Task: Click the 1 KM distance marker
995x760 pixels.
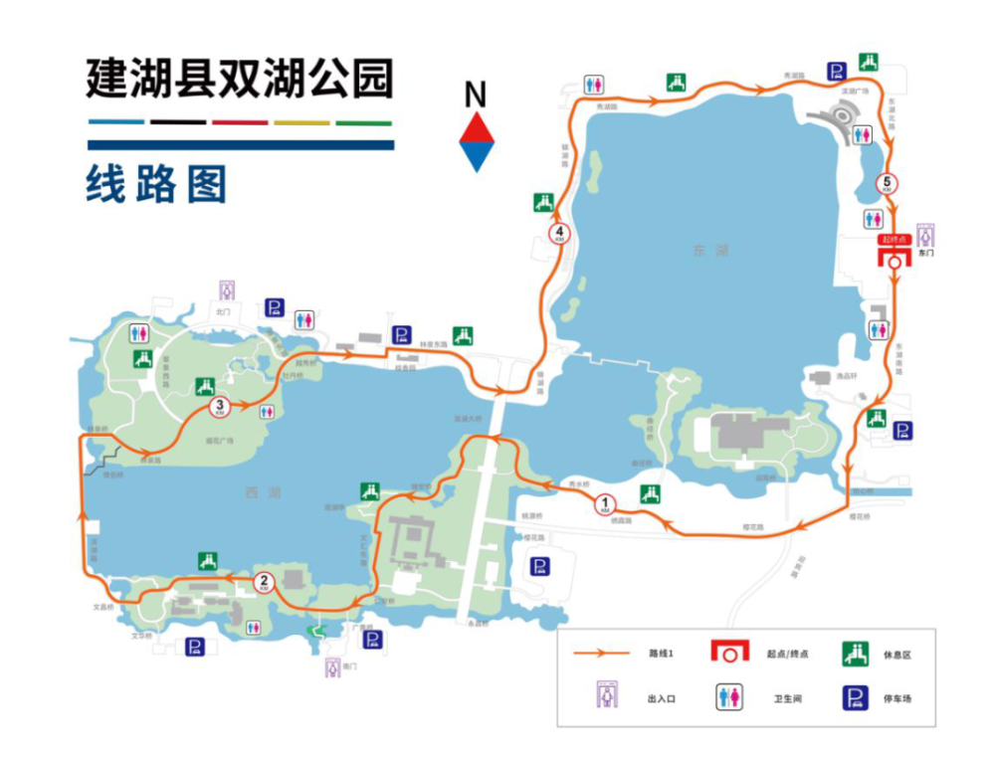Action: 604,504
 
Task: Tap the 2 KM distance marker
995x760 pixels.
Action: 264,582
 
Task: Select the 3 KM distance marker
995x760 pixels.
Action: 220,406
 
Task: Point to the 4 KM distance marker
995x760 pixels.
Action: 559,234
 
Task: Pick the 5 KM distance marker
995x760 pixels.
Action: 887,183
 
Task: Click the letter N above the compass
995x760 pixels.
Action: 477,96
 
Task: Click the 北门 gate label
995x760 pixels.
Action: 222,311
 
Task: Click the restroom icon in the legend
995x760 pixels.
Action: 730,697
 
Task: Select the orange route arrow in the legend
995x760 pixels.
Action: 602,654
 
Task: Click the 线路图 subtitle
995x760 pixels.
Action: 157,184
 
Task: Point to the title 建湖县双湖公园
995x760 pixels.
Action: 240,79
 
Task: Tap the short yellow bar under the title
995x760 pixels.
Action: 301,122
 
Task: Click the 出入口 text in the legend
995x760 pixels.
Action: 662,698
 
